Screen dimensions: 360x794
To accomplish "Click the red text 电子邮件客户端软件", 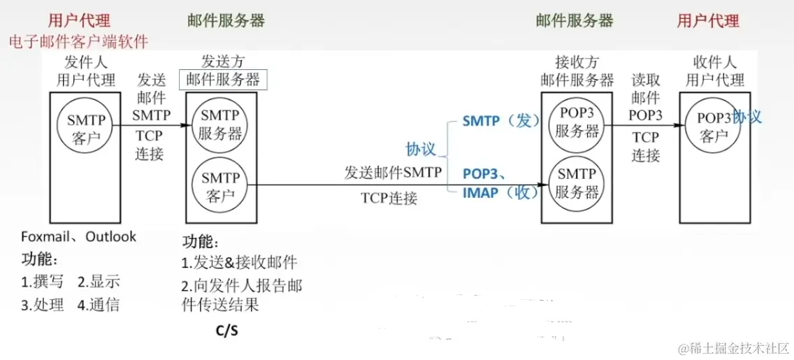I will pyautogui.click(x=79, y=41).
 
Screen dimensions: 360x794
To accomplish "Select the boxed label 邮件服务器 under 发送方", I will pyautogui.click(x=223, y=80).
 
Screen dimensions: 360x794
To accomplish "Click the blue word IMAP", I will pyautogui.click(x=481, y=192).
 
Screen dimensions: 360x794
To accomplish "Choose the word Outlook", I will pyautogui.click(x=111, y=237).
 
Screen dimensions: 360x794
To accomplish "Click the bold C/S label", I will pyautogui.click(x=227, y=330).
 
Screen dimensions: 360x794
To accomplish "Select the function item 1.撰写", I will pyautogui.click(x=43, y=282).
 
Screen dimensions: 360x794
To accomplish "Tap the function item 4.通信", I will pyautogui.click(x=99, y=304).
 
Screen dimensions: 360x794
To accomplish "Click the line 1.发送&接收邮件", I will pyautogui.click(x=240, y=263).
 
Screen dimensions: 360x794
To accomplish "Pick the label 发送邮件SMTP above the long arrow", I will pyautogui.click(x=394, y=172).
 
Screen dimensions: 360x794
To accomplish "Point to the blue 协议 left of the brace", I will pyautogui.click(x=421, y=149).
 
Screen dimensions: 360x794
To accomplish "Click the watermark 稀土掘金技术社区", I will pyautogui.click(x=734, y=347).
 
